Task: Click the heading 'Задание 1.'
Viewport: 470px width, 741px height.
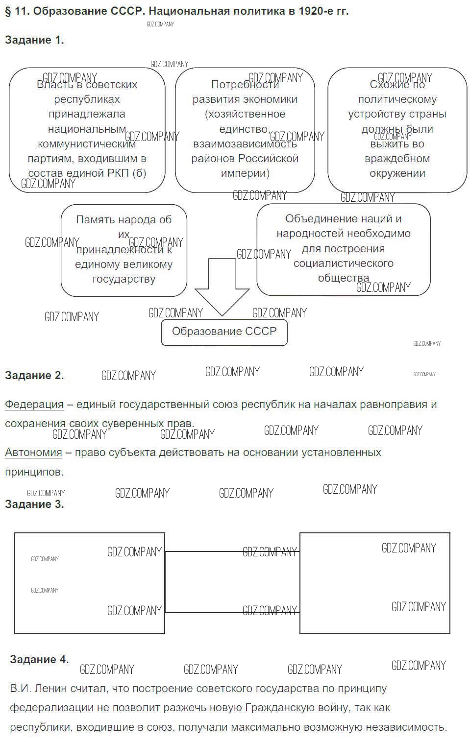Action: point(34,40)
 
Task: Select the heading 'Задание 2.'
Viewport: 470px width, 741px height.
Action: point(34,376)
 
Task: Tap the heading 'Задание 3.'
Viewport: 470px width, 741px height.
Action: point(34,504)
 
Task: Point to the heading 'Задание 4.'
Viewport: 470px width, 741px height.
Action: point(39,660)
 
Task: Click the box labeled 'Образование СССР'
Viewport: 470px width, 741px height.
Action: point(224,332)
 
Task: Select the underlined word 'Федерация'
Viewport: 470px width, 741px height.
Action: point(34,405)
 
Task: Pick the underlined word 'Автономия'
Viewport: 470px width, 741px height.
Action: point(33,453)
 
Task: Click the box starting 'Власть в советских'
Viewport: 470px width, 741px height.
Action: point(87,129)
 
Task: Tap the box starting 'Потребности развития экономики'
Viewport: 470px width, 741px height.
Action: point(245,129)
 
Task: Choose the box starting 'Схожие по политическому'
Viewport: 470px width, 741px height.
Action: point(397,129)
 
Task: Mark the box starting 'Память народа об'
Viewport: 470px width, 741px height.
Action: point(124,250)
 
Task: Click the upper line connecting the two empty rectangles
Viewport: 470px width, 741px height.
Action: point(232,551)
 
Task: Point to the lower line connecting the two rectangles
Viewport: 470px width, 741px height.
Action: point(232,612)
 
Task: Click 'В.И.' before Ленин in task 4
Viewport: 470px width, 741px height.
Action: point(21,689)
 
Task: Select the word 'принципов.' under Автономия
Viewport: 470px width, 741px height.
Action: point(34,472)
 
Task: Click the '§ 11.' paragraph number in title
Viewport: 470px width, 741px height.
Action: point(17,11)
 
